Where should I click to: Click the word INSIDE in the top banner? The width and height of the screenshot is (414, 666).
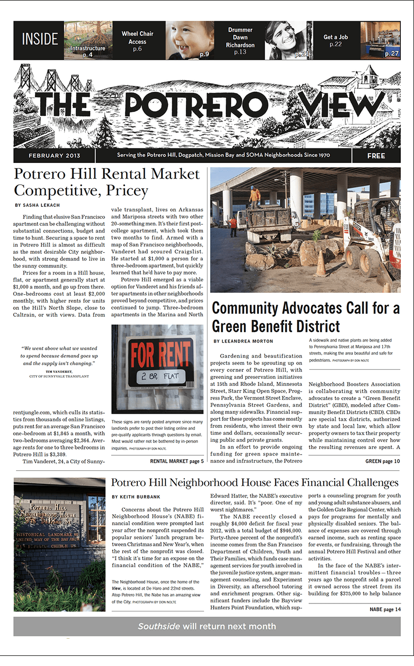[38, 40]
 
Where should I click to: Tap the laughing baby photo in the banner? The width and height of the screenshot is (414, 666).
[189, 40]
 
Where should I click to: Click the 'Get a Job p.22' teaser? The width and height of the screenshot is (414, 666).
[336, 40]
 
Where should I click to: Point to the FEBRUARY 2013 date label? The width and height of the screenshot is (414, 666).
[54, 155]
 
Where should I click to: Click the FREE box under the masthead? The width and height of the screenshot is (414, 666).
[376, 156]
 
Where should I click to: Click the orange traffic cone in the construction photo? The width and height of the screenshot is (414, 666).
[321, 264]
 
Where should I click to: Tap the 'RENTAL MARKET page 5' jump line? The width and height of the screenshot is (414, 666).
[177, 461]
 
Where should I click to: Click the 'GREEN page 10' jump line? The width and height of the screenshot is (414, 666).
[382, 461]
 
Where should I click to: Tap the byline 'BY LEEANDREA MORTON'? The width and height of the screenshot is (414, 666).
[243, 342]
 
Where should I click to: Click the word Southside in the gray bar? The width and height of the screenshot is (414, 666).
[159, 626]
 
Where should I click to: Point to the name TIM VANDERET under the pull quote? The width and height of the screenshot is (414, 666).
[59, 372]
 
